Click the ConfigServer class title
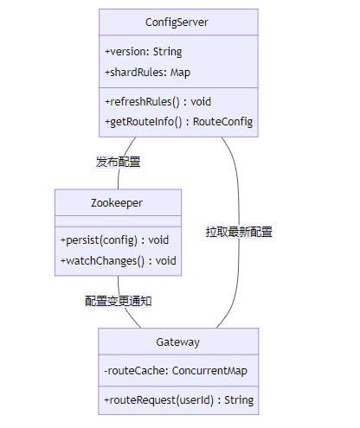(177, 22)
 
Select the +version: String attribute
(144, 52)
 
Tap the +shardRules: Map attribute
(147, 73)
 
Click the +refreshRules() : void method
(157, 102)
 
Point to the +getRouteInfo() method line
(178, 122)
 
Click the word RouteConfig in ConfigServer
(222, 122)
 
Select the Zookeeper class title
(117, 203)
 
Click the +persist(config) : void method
(114, 240)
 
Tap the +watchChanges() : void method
(119, 261)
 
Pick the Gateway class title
(178, 342)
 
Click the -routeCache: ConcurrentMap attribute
(176, 371)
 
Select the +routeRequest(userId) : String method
(179, 400)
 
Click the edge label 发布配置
(118, 162)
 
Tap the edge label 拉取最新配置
(239, 232)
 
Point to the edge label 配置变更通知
(119, 301)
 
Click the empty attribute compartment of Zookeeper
(118, 221)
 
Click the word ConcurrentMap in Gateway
(209, 371)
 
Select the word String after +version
(167, 52)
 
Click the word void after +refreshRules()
(201, 102)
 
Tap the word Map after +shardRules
(180, 73)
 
